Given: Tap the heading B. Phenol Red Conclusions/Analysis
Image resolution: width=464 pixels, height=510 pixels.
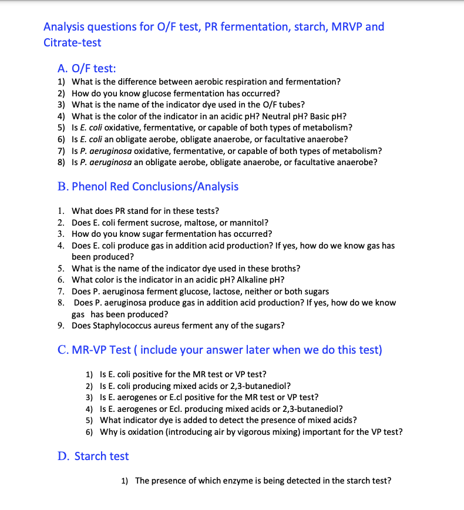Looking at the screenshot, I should pos(148,186).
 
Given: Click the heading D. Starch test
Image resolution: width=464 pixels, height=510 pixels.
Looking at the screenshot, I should pos(93,456).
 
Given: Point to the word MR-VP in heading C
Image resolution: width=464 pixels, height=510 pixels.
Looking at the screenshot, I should pos(91,350).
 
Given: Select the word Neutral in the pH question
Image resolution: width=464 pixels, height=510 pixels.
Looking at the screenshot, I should pos(278,116).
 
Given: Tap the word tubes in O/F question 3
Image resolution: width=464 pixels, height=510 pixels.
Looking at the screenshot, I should pos(290,105).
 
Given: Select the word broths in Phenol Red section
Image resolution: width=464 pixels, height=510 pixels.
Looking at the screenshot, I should pos(284,269).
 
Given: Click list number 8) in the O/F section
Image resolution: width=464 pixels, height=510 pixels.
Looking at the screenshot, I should pos(61,162).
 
